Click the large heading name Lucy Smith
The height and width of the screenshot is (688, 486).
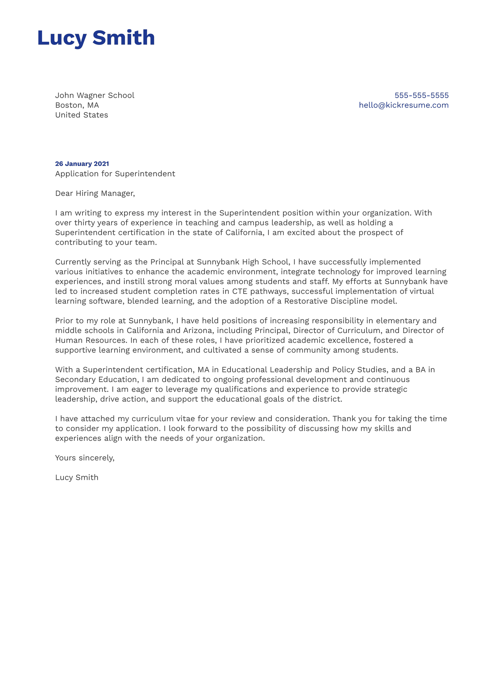click(x=96, y=38)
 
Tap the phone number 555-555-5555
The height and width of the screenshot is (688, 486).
click(x=421, y=95)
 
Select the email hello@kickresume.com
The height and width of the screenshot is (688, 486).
click(x=404, y=105)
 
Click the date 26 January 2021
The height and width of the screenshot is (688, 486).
click(x=82, y=164)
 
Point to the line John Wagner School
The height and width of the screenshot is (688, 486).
click(x=95, y=95)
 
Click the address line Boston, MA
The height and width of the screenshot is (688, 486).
click(x=77, y=105)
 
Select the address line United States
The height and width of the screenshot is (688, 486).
click(x=81, y=115)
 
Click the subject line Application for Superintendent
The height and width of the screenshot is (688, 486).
click(x=115, y=174)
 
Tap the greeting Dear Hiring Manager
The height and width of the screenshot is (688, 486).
click(x=95, y=193)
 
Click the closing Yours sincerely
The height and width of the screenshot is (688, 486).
click(x=85, y=458)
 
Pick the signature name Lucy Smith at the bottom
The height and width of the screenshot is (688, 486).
click(x=77, y=477)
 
